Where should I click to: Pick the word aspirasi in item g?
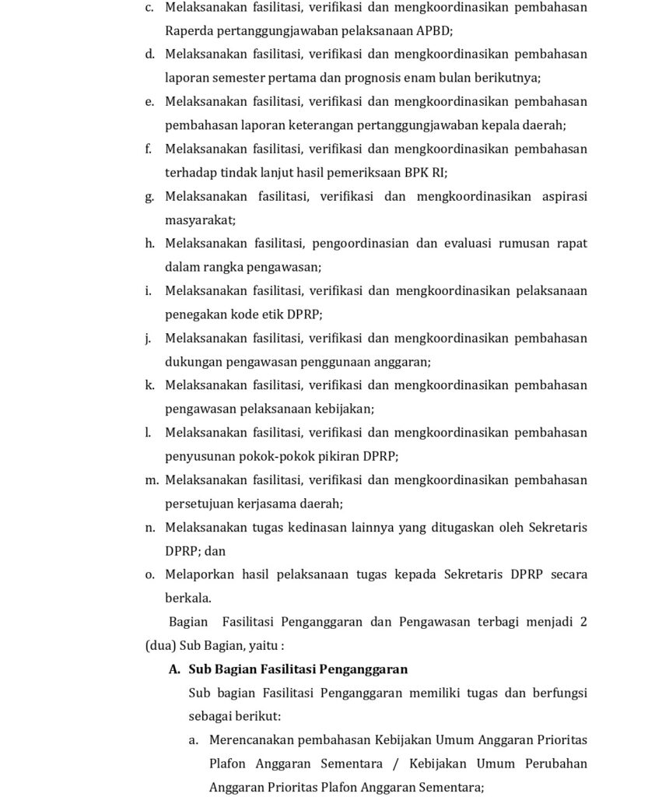pyautogui.click(x=562, y=196)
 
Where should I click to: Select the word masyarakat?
pyautogui.click(x=200, y=220)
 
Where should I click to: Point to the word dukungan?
pyautogui.click(x=194, y=362)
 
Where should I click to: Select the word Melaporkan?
pyautogui.click(x=200, y=574)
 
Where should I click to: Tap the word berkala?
pyautogui.click(x=188, y=599)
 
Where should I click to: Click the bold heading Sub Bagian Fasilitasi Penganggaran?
pyautogui.click(x=298, y=669)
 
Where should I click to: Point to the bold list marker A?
pyautogui.click(x=174, y=669)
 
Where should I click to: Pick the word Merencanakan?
pyautogui.click(x=251, y=739)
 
